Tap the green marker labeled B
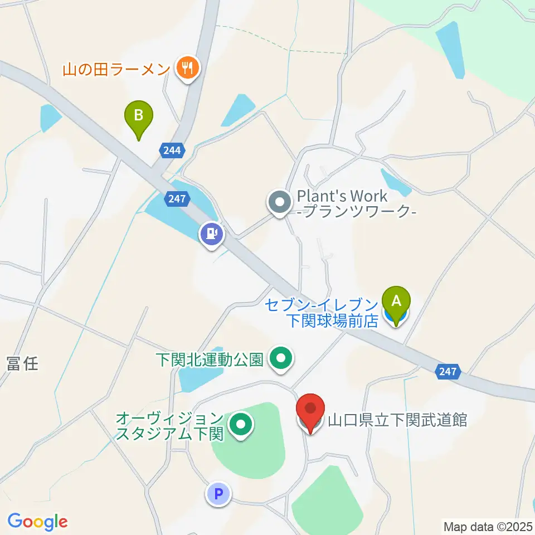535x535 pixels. (x=139, y=117)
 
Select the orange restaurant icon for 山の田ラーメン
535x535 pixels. (x=185, y=69)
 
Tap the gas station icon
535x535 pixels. (x=211, y=234)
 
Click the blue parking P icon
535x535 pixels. (x=218, y=493)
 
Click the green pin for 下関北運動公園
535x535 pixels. (x=281, y=358)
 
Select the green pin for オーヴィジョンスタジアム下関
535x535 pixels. (x=241, y=425)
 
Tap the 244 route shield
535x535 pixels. (x=171, y=149)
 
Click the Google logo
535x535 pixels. (x=37, y=522)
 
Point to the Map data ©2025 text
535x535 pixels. (x=488, y=526)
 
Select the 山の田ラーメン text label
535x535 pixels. (x=115, y=70)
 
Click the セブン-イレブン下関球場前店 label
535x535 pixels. (x=322, y=312)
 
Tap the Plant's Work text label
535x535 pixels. (x=357, y=204)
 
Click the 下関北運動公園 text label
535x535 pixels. (x=210, y=358)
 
